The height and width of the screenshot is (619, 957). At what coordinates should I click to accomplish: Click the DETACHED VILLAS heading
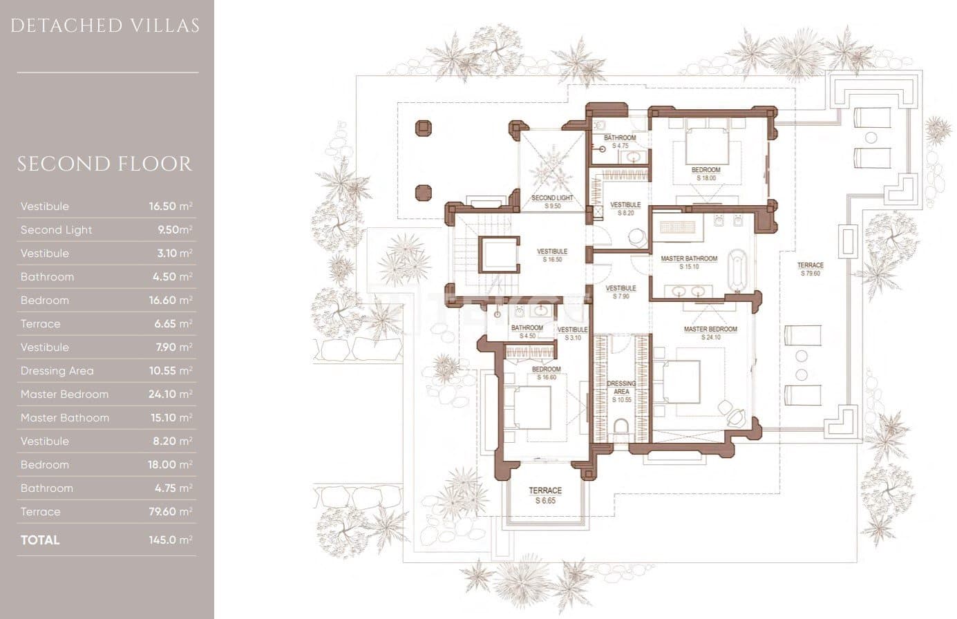(105, 26)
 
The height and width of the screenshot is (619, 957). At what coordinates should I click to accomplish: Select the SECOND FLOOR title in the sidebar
(105, 164)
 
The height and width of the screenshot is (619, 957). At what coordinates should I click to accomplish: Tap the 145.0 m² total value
(170, 540)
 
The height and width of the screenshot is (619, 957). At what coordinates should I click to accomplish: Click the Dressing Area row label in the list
(57, 371)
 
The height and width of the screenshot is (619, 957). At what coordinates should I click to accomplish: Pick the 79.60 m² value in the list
(170, 512)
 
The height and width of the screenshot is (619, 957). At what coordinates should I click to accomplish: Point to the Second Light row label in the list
(56, 230)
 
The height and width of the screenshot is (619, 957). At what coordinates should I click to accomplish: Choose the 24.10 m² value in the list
(170, 394)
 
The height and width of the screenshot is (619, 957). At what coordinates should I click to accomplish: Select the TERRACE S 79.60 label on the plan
(810, 269)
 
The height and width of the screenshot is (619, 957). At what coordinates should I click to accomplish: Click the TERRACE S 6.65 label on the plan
(545, 495)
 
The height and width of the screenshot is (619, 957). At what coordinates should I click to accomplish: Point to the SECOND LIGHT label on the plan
(552, 202)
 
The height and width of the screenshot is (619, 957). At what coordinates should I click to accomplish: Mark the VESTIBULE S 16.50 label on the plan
(552, 256)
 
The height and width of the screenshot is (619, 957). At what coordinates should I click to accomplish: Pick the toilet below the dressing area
(620, 427)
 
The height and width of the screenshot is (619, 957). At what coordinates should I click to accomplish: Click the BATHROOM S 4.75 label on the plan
(620, 142)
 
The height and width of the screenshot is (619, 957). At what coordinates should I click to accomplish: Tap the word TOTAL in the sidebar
(40, 540)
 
